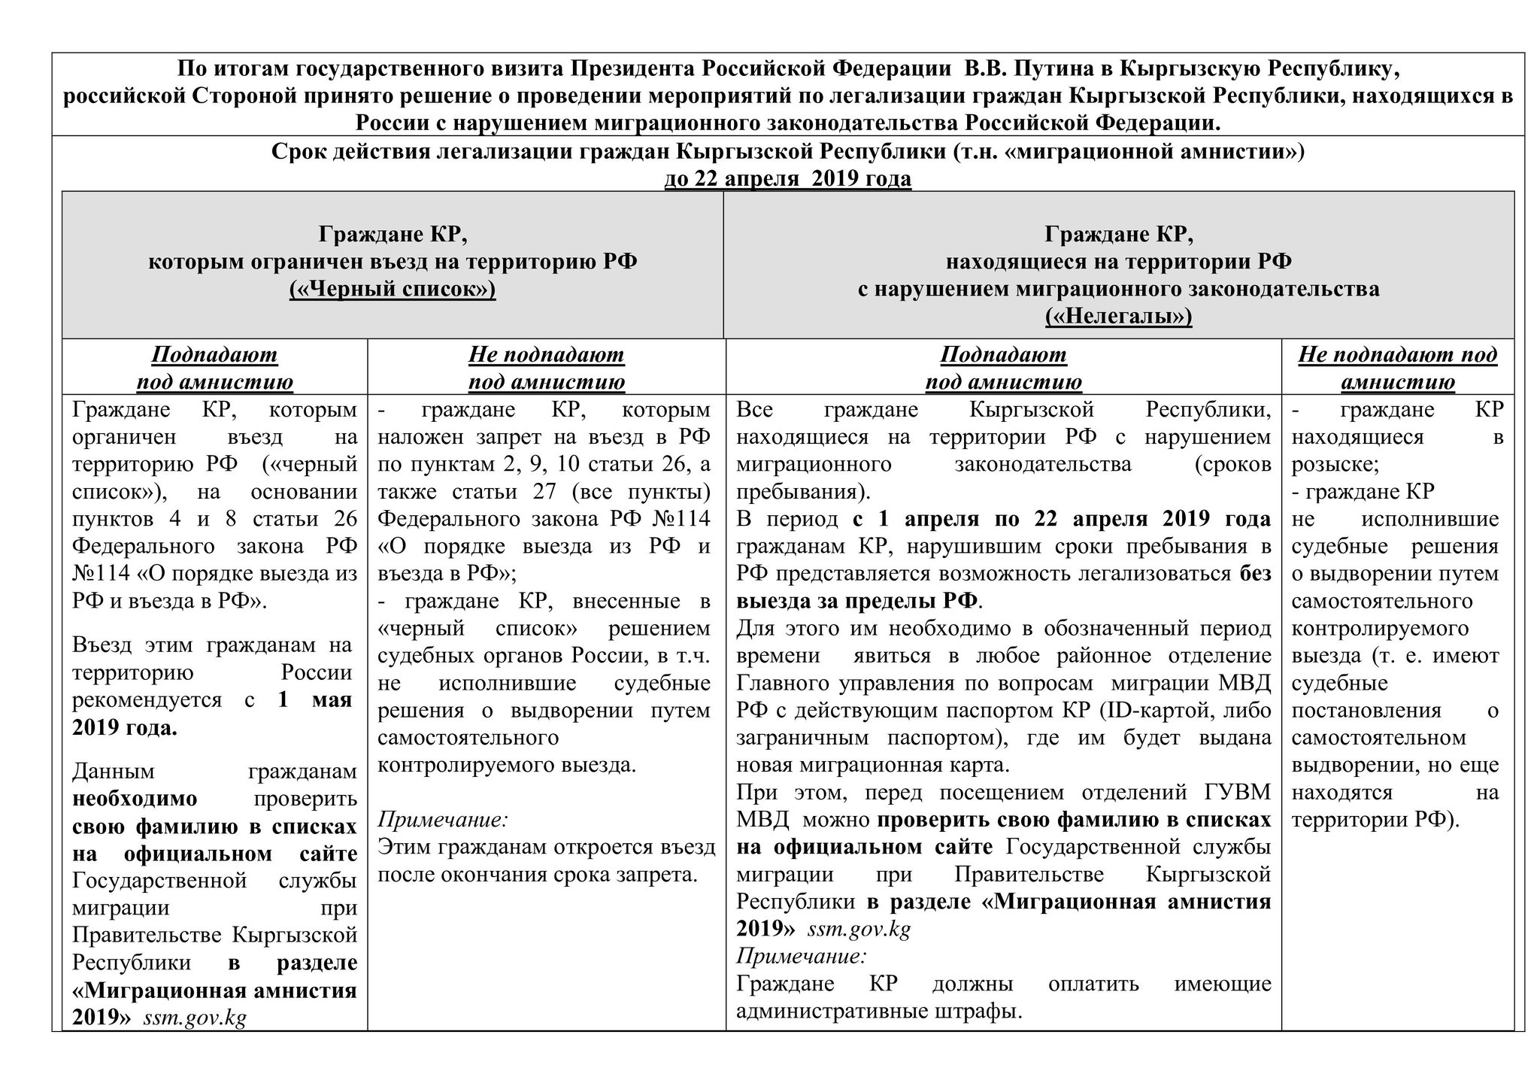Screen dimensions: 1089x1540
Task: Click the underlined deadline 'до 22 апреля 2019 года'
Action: click(x=787, y=179)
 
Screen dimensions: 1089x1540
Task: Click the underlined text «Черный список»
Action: click(x=393, y=289)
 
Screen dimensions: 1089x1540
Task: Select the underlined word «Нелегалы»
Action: click(x=1118, y=317)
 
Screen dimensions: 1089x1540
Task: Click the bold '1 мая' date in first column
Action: click(x=315, y=699)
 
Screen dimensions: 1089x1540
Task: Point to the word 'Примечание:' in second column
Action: click(x=443, y=819)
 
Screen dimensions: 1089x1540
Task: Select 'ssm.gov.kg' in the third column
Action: click(x=859, y=930)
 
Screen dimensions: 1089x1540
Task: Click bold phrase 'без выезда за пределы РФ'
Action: click(x=857, y=602)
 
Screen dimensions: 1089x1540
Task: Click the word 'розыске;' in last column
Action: click(x=1335, y=465)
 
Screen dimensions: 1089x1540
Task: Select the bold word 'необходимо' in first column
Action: click(x=135, y=798)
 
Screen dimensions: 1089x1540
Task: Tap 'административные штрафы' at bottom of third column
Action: click(x=879, y=1012)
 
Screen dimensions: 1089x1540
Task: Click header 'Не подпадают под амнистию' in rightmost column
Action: click(x=1397, y=368)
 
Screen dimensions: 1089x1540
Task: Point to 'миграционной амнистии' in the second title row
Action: click(x=1125, y=152)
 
